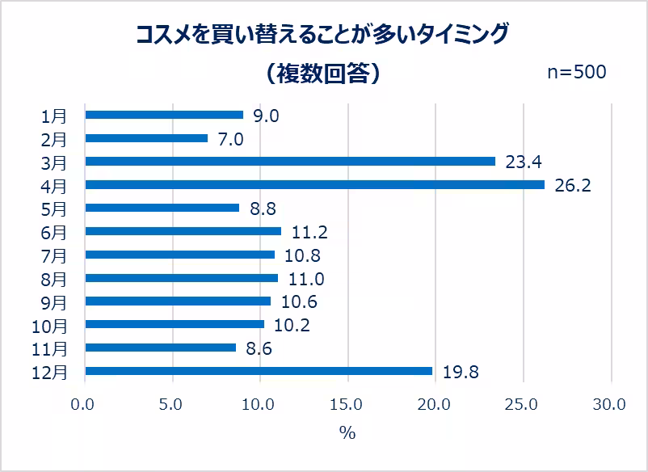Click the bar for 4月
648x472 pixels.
pos(314,185)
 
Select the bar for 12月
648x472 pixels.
pos(259,371)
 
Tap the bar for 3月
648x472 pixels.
pos(290,162)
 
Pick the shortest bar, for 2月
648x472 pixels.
pos(146,138)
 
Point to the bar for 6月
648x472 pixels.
pos(183,231)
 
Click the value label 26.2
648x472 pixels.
pos(573,186)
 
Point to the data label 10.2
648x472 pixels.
pos(292,325)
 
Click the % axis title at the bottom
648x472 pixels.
pos(347,433)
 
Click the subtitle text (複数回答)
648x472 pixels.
pos(322,74)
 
